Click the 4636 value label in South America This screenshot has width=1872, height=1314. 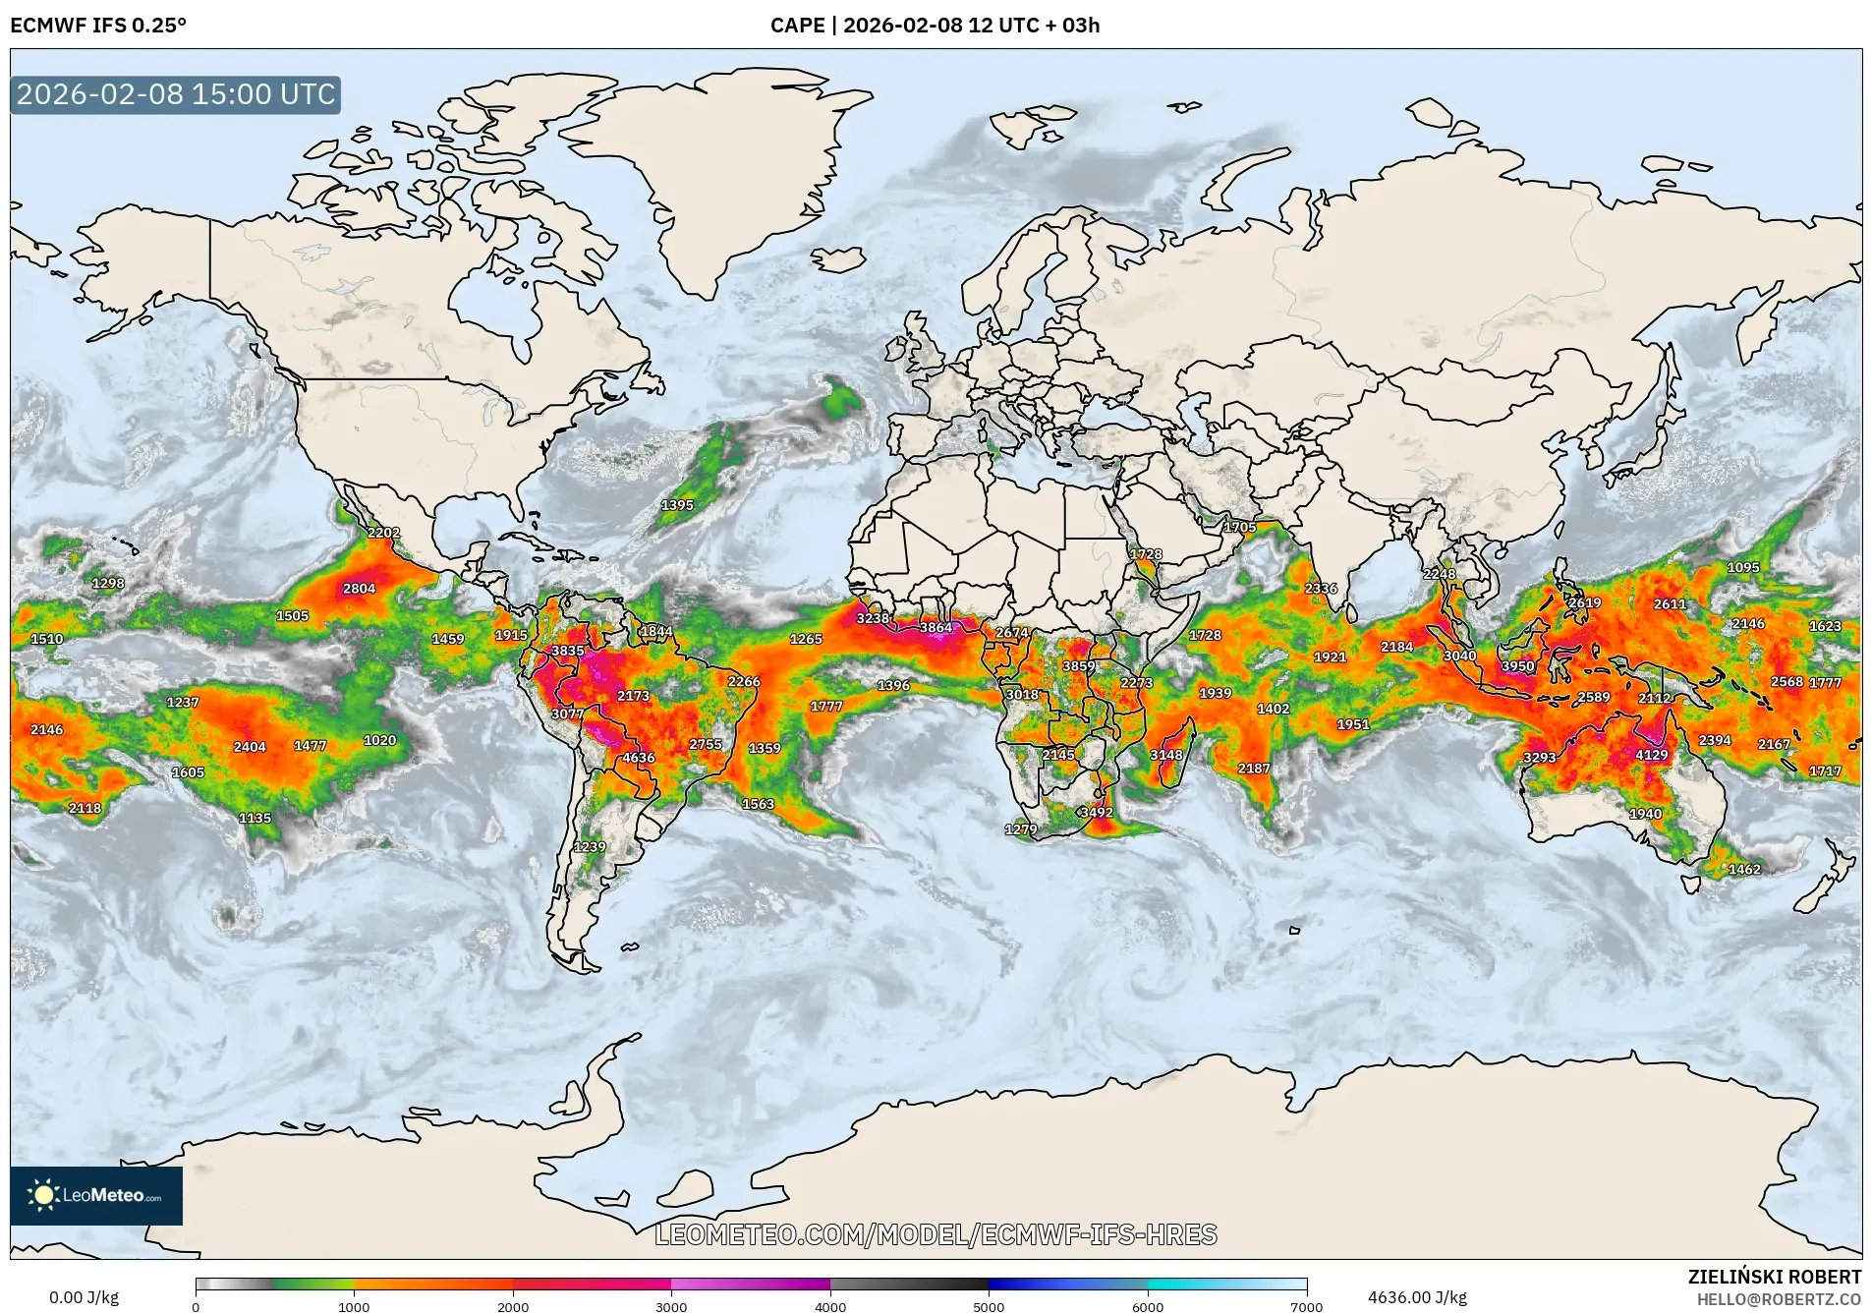pyautogui.click(x=639, y=758)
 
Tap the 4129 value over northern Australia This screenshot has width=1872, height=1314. pyautogui.click(x=1652, y=755)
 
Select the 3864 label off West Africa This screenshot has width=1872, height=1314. pyautogui.click(x=936, y=627)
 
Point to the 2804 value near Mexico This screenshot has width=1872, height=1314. pyautogui.click(x=359, y=589)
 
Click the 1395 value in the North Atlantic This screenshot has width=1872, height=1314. pyautogui.click(x=677, y=505)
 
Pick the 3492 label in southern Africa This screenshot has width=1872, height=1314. pyautogui.click(x=1097, y=812)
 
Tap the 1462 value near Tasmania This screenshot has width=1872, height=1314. pyautogui.click(x=1744, y=869)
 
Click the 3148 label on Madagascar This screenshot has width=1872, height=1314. pyautogui.click(x=1166, y=755)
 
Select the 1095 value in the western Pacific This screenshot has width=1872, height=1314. pyautogui.click(x=1743, y=567)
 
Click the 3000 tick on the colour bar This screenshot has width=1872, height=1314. pyautogui.click(x=671, y=1306)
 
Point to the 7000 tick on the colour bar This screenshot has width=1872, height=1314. pyautogui.click(x=1306, y=1306)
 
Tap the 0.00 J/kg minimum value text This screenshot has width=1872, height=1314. pyautogui.click(x=84, y=1297)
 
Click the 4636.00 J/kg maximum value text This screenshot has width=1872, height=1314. pyautogui.click(x=1417, y=1297)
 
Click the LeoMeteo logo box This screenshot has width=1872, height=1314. pyautogui.click(x=96, y=1195)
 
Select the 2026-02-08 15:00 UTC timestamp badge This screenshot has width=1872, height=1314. pyautogui.click(x=176, y=94)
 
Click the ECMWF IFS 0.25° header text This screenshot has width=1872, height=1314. pyautogui.click(x=98, y=26)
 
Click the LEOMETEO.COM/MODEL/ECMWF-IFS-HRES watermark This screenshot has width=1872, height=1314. pyautogui.click(x=936, y=1234)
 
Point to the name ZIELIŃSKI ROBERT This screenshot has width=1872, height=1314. pyautogui.click(x=1774, y=1277)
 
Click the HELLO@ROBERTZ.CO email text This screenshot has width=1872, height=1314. pyautogui.click(x=1779, y=1299)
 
